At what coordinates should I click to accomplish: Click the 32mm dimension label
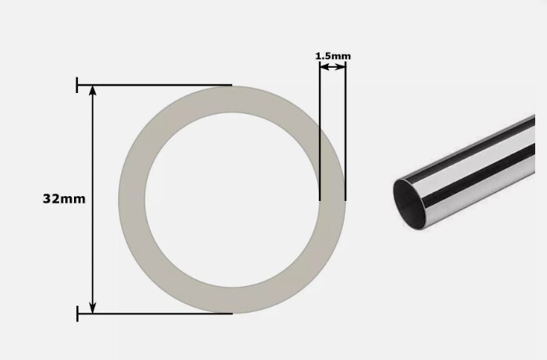pos(64,199)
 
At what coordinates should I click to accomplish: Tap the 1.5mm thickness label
pos(333,56)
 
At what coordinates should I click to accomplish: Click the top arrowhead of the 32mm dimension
pos(93,91)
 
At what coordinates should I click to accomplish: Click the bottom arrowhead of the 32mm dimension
pos(93,307)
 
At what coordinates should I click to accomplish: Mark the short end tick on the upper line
pos(77,84)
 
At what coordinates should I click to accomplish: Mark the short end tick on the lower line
pos(77,314)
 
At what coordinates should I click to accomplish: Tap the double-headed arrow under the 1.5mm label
pos(332,67)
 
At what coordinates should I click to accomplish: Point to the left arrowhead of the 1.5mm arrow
pos(323,67)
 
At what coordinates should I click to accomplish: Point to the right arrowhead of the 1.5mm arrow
pos(342,67)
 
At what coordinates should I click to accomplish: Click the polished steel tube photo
pos(472,173)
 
